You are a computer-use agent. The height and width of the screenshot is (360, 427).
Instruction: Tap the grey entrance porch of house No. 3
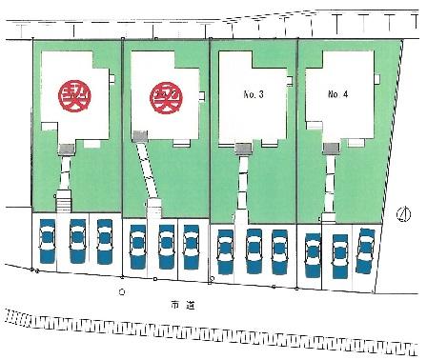(x=243, y=147)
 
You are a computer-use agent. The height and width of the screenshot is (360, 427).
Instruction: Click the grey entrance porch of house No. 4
(x=330, y=148)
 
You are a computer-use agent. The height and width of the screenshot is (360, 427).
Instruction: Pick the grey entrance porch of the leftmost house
(x=67, y=149)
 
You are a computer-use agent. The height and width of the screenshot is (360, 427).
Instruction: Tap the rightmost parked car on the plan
(x=364, y=249)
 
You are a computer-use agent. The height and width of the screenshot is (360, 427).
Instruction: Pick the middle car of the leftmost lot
(x=76, y=240)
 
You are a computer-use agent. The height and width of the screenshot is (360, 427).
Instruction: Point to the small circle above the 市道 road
(x=121, y=290)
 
